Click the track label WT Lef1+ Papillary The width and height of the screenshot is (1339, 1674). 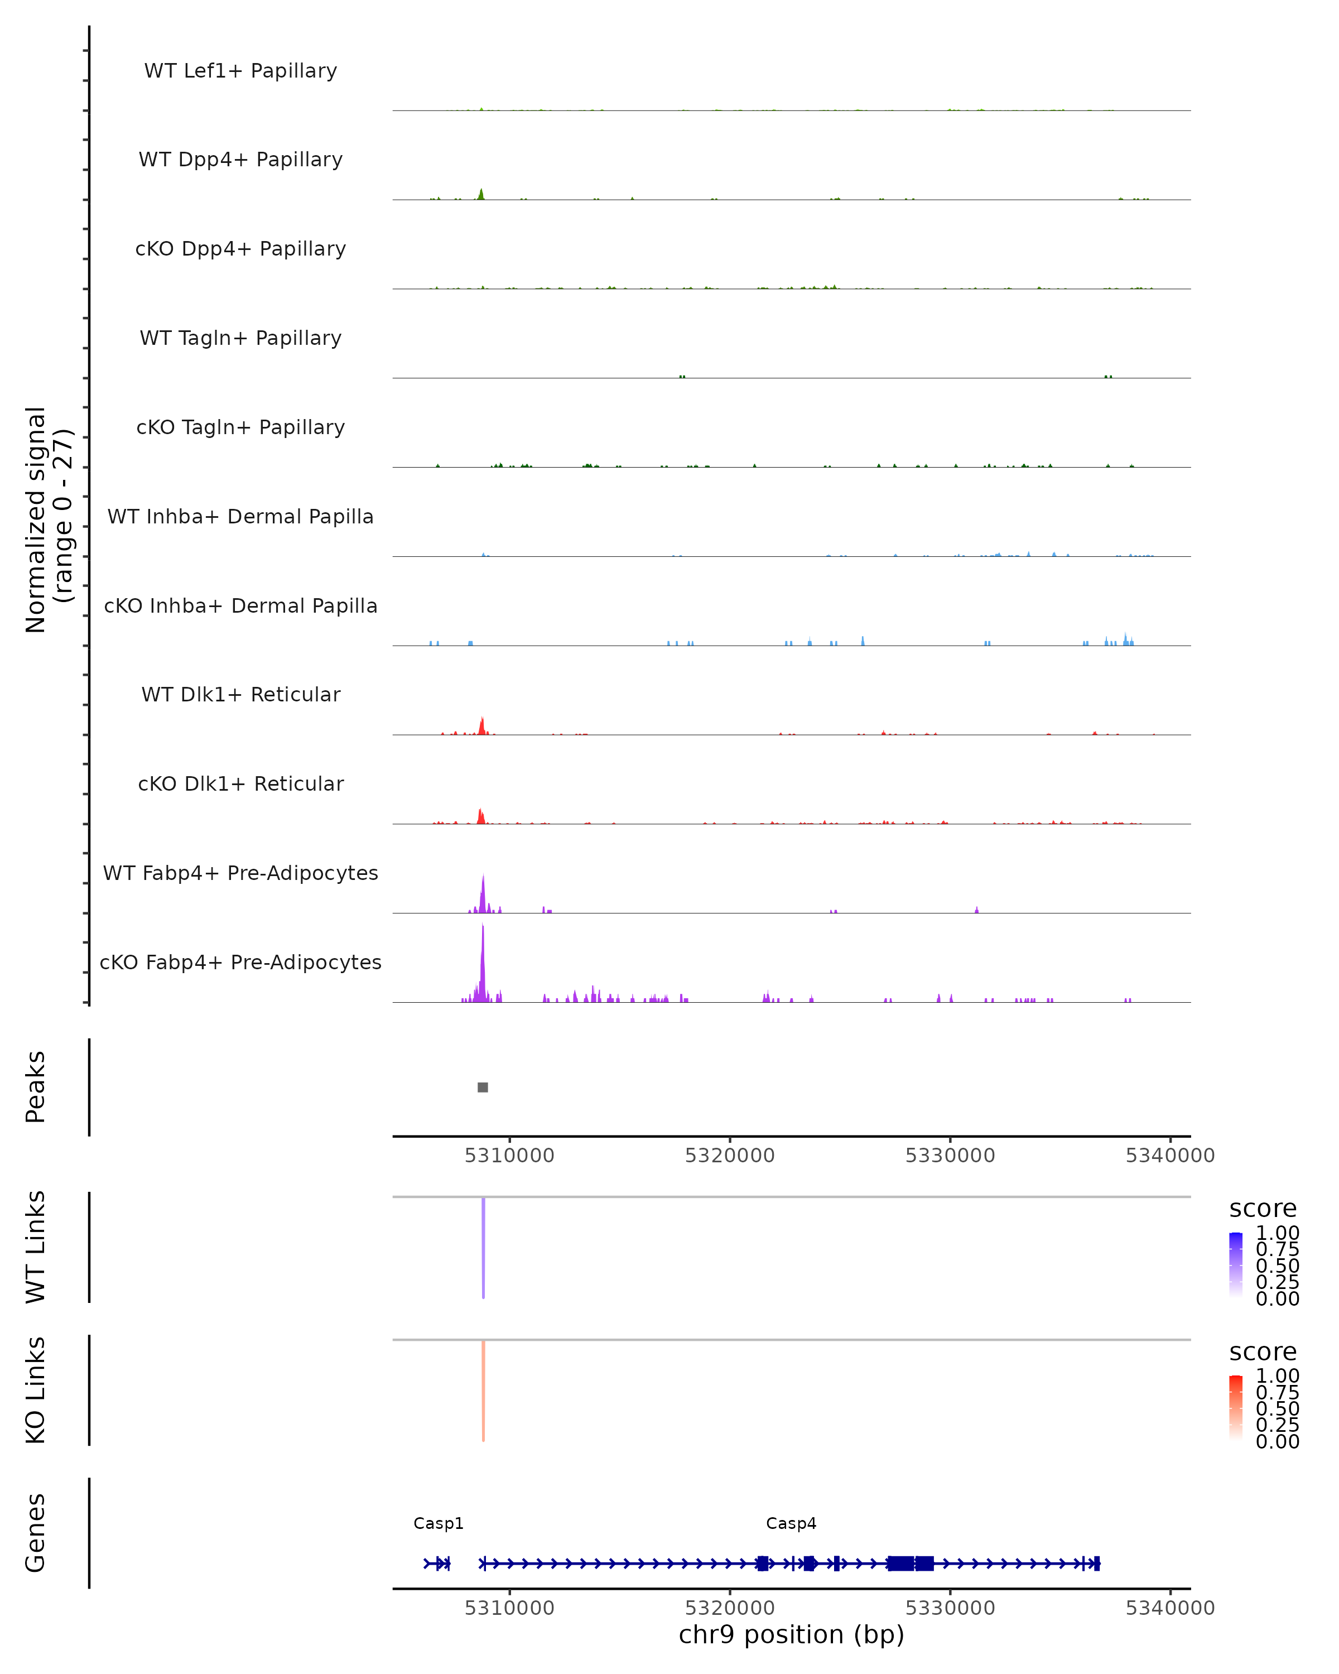240,71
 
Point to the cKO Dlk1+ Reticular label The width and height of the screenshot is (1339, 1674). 240,783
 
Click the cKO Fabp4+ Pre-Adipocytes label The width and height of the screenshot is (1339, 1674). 240,962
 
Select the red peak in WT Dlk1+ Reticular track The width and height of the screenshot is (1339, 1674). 482,727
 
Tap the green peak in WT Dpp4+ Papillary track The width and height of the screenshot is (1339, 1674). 481,194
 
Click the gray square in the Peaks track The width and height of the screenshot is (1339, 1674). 483,1087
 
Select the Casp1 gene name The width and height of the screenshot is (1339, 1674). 439,1523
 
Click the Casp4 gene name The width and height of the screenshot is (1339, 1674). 791,1523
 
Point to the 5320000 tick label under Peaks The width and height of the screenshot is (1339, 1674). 730,1156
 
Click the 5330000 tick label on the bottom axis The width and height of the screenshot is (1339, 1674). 950,1608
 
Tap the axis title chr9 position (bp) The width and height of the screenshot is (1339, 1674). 791,1634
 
